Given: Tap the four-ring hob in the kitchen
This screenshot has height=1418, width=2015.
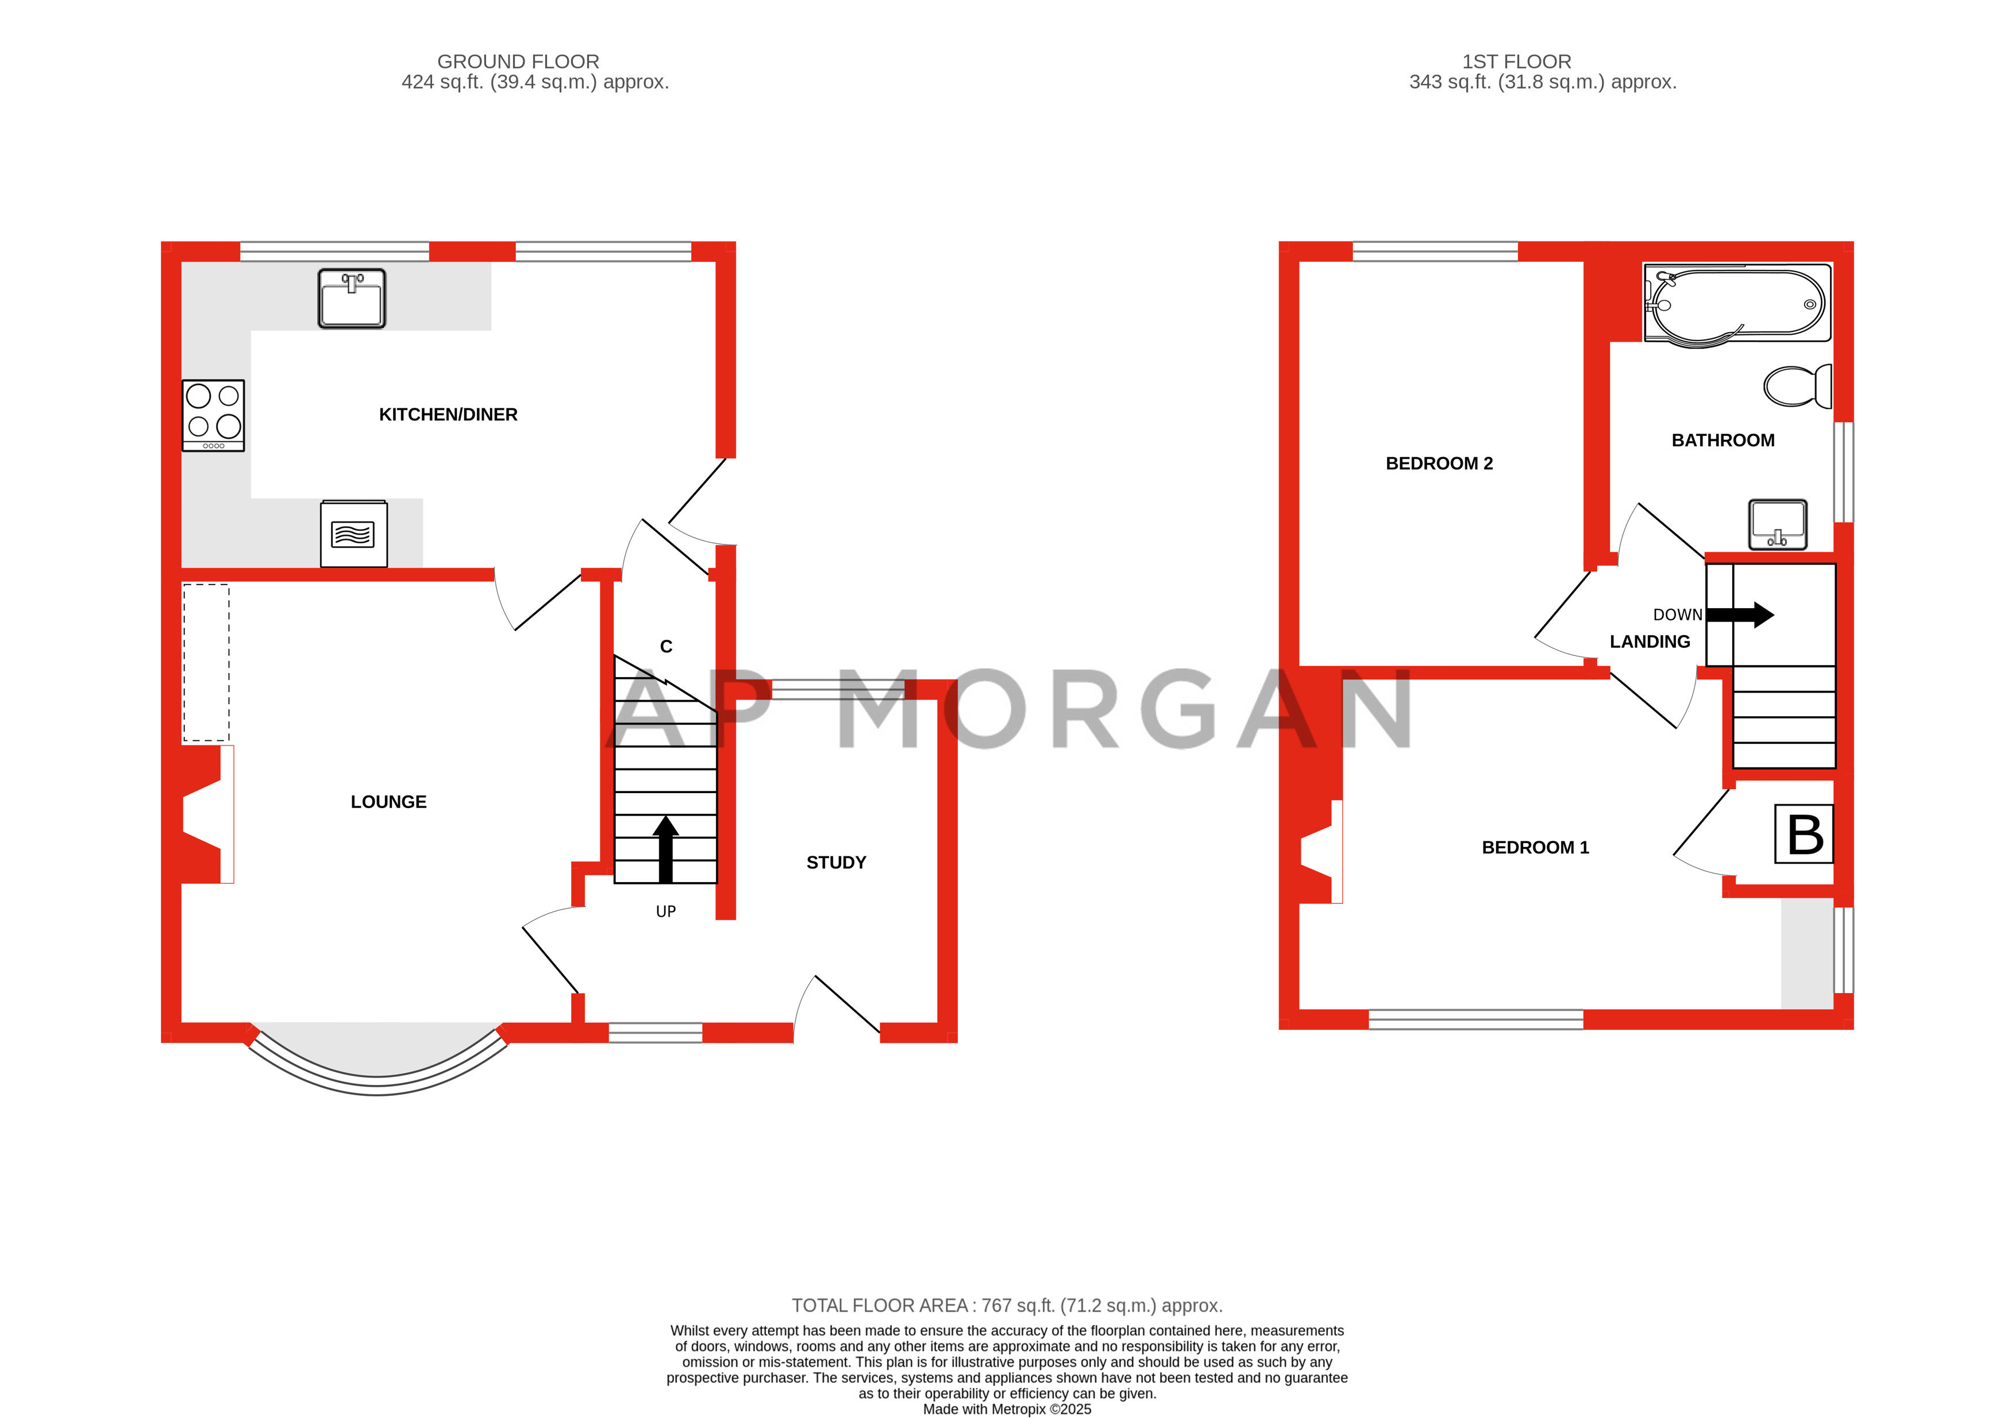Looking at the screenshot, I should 213,415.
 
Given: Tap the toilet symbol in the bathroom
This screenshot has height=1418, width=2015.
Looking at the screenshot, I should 1797,386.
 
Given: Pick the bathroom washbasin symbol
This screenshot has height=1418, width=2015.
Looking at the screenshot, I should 1777,524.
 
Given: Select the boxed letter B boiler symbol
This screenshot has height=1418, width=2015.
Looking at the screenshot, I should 1804,833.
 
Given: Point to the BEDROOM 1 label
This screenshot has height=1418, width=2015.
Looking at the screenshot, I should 1535,847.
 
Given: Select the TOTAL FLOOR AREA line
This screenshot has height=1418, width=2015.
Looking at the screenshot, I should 1007,1305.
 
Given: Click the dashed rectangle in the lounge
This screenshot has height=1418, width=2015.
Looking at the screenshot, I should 206,663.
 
